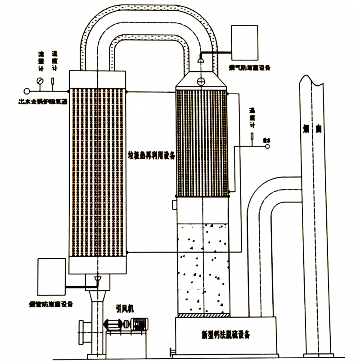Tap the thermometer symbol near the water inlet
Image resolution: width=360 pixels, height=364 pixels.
252,135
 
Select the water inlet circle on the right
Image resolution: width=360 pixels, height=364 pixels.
267,146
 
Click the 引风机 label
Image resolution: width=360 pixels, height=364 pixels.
124,308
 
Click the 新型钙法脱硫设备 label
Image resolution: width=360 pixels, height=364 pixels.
226,335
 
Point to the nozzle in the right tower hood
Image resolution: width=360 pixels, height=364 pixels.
201,60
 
